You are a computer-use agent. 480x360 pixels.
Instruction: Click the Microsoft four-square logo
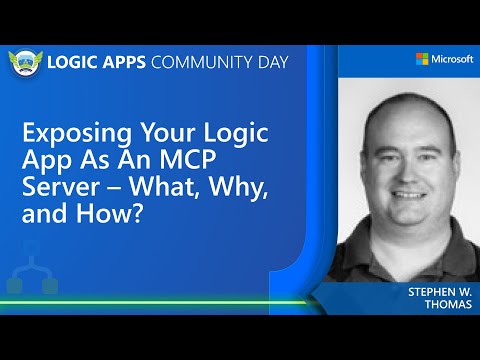(423, 60)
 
